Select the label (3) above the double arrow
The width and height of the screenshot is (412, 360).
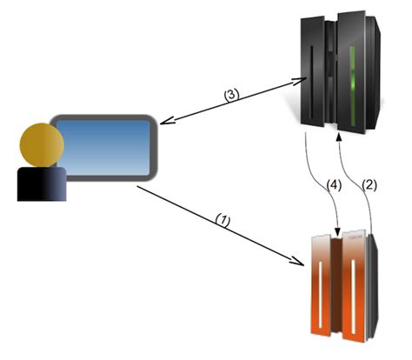point(231,96)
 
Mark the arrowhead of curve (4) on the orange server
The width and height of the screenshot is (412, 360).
point(336,232)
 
